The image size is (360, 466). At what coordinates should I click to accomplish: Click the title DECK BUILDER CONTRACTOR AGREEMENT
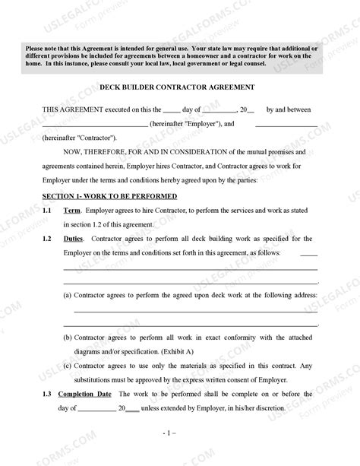pos(179,88)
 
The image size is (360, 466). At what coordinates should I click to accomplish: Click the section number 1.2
pos(47,239)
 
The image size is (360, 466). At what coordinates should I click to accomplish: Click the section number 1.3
pos(47,394)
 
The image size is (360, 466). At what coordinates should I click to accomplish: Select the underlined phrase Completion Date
pos(88,394)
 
